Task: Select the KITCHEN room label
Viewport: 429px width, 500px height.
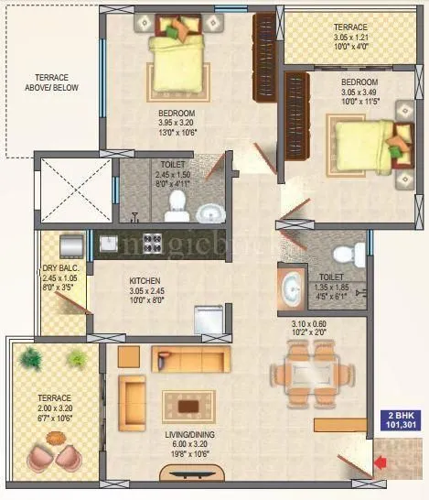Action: [145, 280]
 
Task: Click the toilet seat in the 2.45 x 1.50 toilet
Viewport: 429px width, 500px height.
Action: [175, 212]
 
